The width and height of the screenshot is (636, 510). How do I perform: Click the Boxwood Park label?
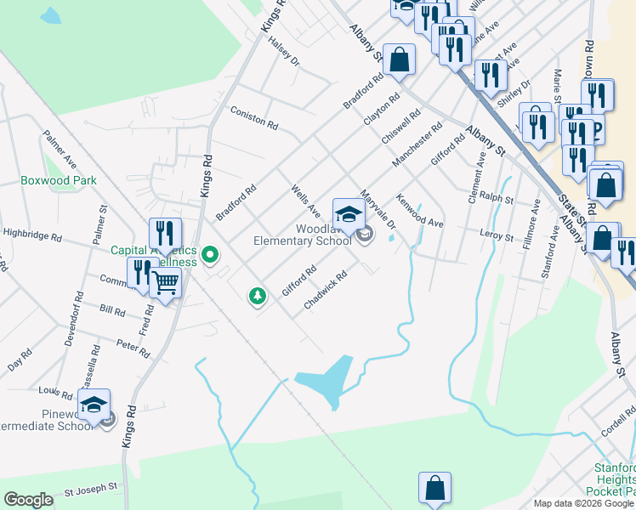point(59,180)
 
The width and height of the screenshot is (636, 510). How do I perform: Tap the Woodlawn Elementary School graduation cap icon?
point(349,212)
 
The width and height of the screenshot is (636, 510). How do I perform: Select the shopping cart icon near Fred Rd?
point(165,283)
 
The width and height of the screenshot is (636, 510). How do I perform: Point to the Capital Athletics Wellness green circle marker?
point(212,253)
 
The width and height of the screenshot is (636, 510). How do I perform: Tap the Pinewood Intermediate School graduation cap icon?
point(94,404)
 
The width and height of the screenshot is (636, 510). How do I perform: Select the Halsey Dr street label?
point(284,55)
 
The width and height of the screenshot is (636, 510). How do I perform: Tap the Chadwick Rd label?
point(326,289)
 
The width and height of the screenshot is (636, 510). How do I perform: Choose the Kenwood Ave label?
point(420,213)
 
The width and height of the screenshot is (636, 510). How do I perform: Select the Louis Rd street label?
point(56,393)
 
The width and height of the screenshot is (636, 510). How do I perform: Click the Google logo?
point(28,500)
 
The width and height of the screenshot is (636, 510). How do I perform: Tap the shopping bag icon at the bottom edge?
point(434,488)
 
